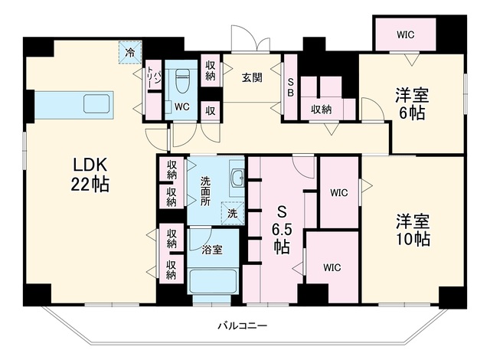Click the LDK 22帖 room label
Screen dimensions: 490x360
tap(90, 175)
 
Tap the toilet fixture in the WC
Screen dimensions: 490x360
tap(181, 81)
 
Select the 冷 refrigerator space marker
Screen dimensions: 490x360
tap(130, 53)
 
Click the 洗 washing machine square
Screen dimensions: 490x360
tap(232, 214)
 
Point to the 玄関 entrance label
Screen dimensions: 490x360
tap(252, 77)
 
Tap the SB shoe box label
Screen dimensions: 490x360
tap(290, 87)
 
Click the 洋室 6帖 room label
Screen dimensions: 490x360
tap(412, 104)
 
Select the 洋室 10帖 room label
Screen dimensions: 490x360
tap(413, 230)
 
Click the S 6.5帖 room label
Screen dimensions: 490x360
tap(282, 231)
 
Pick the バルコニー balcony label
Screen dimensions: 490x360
tap(243, 326)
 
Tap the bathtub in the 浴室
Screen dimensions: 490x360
tap(213, 280)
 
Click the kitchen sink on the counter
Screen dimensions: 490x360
tap(96, 103)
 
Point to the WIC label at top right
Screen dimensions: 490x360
tap(406, 34)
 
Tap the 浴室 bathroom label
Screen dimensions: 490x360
tap(212, 250)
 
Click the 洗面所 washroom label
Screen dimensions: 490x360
tap(205, 191)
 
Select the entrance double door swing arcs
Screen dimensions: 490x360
tap(250, 38)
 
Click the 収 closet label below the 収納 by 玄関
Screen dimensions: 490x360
tap(211, 111)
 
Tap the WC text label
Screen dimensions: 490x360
tap(182, 107)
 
